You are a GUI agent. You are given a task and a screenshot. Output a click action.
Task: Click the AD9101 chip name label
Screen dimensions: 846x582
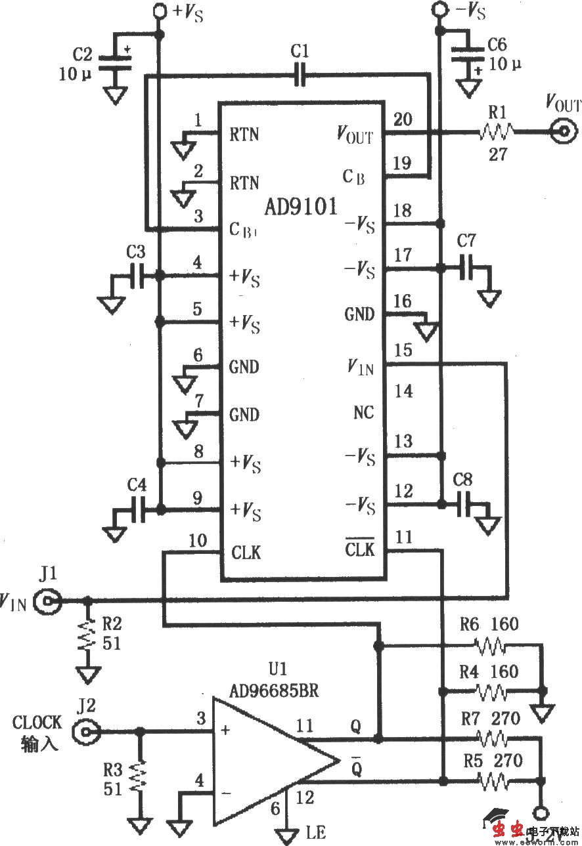(x=301, y=207)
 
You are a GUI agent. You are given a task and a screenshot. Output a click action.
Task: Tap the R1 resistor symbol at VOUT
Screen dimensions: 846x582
(x=494, y=133)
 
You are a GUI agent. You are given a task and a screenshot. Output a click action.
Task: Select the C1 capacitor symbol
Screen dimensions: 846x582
(x=301, y=76)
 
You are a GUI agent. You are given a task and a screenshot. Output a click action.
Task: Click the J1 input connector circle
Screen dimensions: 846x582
(x=49, y=601)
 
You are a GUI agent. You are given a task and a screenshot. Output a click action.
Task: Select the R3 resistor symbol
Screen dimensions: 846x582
(x=139, y=778)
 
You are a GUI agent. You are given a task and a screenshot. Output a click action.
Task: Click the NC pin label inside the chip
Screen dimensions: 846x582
(x=363, y=412)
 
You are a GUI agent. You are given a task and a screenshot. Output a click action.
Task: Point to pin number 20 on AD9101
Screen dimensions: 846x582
(x=403, y=119)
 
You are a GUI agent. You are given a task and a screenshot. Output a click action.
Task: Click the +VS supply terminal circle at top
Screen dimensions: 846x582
(x=158, y=11)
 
